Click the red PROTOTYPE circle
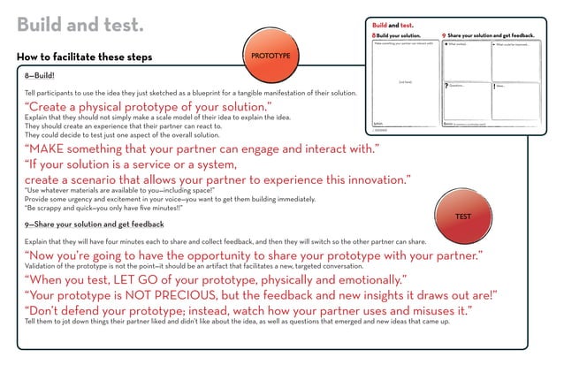pos(271,56)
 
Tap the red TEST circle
pos(462,217)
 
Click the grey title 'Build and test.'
pos(80,25)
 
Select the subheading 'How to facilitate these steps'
pos(85,57)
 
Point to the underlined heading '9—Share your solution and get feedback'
pos(95,224)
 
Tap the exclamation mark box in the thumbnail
pos(515,100)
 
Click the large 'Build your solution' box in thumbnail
pos(404,81)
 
